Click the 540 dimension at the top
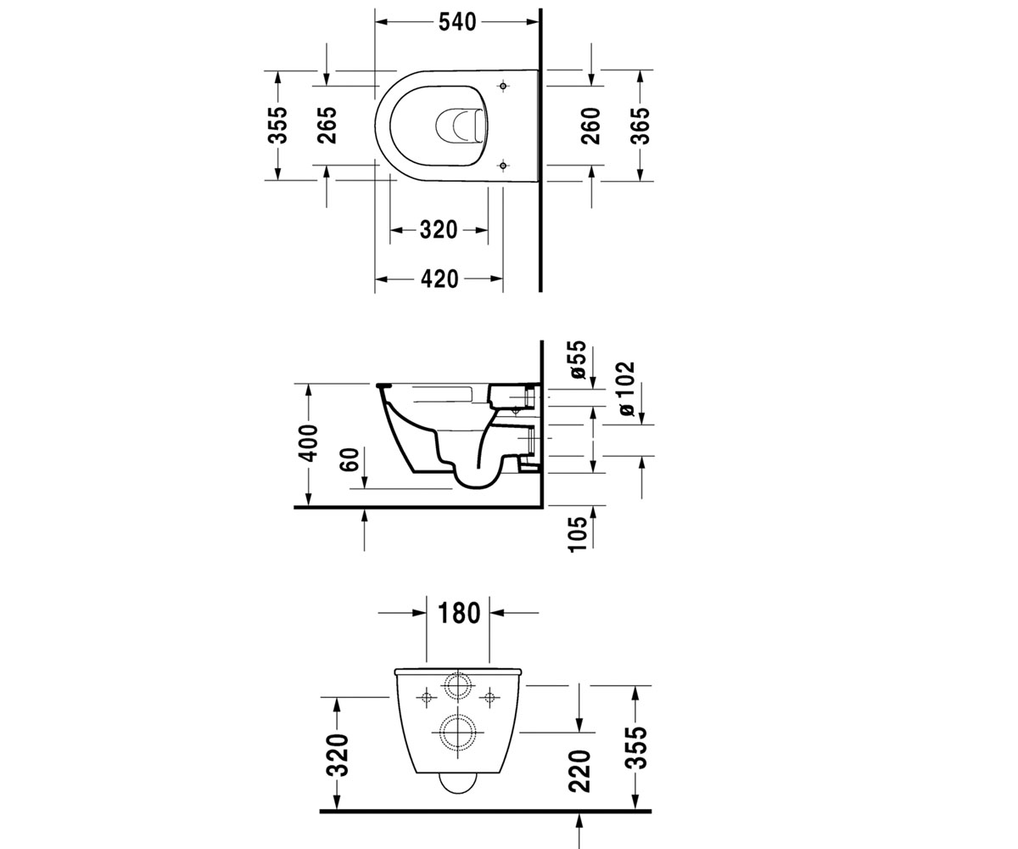457,22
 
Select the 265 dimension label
327,126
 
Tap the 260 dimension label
591,126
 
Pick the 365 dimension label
640,126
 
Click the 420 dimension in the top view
439,279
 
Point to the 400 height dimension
308,443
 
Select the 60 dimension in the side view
350,459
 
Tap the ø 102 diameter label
628,389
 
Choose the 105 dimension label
579,534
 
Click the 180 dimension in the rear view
459,613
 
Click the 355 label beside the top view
278,126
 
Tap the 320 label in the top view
439,230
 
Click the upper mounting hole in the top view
504,87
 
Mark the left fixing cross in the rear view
427,698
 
